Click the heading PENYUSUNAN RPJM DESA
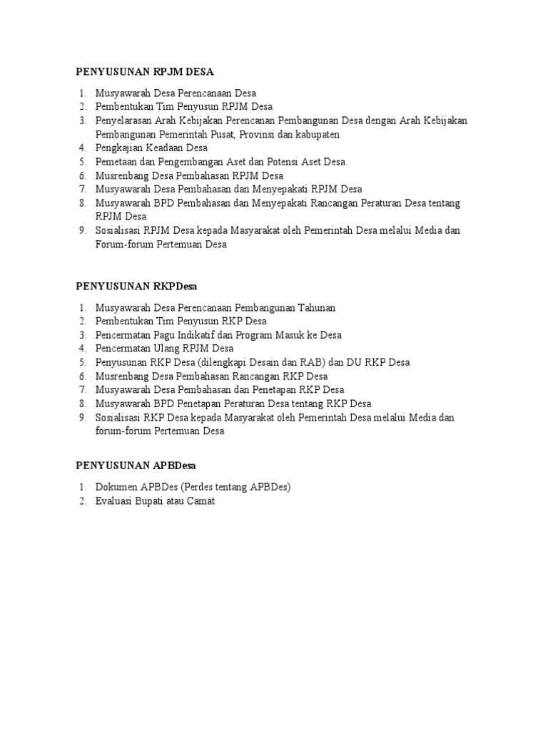(x=145, y=72)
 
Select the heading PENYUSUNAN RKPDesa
(x=136, y=286)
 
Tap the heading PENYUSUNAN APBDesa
(x=136, y=466)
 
